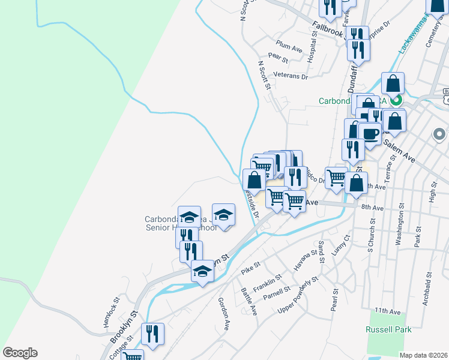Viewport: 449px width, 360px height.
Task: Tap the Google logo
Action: [x=20, y=353]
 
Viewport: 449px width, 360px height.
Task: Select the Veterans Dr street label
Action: [x=290, y=76]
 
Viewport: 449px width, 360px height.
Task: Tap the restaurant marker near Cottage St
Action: [x=152, y=334]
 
